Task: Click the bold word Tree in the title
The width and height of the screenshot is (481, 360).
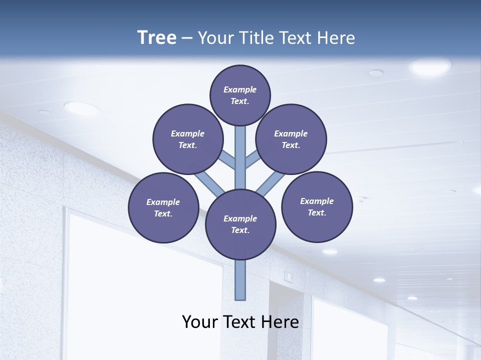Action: click(157, 38)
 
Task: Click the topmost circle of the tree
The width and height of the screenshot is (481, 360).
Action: click(240, 95)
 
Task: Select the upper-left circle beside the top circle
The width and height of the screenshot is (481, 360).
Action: click(188, 139)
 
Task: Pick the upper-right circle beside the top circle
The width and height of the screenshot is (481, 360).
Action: click(291, 139)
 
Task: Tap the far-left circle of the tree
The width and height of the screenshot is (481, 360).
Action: click(163, 207)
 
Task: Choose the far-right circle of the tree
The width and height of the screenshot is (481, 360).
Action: click(317, 206)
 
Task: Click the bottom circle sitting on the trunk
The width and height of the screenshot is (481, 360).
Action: click(241, 224)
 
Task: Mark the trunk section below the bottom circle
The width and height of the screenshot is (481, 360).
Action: click(241, 280)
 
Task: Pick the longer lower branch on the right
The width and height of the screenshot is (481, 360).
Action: click(271, 184)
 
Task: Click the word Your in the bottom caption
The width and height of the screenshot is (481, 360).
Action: click(200, 322)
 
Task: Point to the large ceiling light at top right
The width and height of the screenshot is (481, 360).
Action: click(430, 66)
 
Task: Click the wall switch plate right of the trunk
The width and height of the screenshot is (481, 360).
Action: click(288, 275)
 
